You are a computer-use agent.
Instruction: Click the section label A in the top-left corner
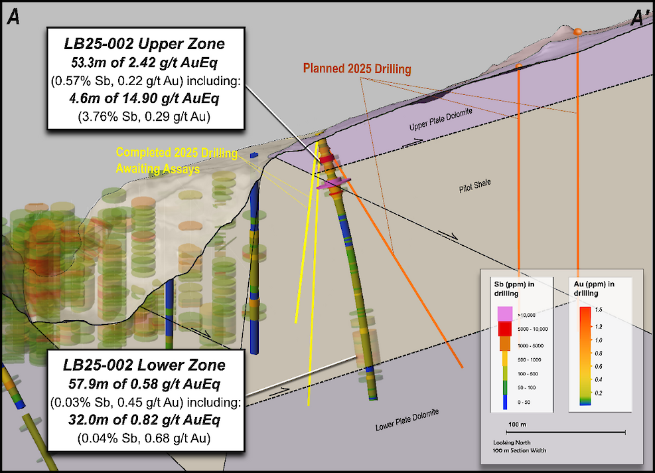tap(13, 18)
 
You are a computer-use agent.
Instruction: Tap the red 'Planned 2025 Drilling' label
tap(357, 68)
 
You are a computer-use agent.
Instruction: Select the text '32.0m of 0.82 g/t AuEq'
tap(144, 420)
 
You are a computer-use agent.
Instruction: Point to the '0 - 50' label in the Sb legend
tap(523, 403)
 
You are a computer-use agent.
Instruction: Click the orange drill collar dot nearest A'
tap(578, 32)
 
